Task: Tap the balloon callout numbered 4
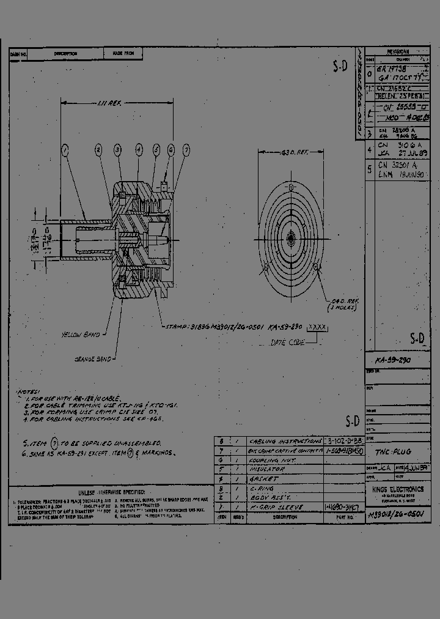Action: pyautogui.click(x=139, y=149)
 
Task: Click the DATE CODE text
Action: pyautogui.click(x=287, y=343)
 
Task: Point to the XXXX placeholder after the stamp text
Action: pyautogui.click(x=317, y=327)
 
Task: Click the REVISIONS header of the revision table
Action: pyautogui.click(x=398, y=53)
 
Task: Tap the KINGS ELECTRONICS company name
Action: pyautogui.click(x=397, y=489)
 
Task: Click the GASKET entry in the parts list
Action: pyautogui.click(x=263, y=479)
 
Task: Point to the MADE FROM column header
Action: pyautogui.click(x=123, y=54)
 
